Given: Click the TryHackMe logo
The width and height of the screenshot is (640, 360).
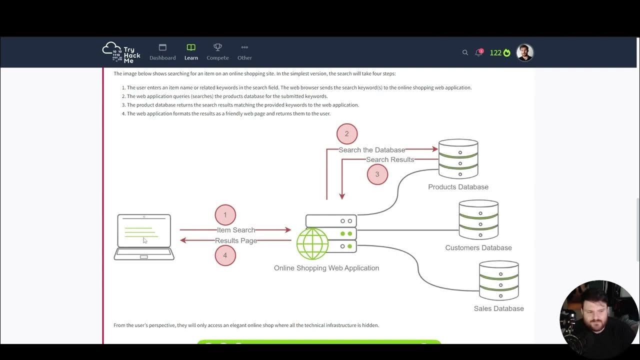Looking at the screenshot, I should point(121,52).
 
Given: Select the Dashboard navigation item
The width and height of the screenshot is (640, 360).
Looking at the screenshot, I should point(162,52).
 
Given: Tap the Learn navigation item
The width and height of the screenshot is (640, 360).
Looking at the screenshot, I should point(191,52).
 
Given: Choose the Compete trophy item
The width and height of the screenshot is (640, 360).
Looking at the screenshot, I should point(217,52).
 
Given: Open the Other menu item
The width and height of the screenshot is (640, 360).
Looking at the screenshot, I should point(244,52).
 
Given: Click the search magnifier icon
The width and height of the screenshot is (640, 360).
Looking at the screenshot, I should point(465,52).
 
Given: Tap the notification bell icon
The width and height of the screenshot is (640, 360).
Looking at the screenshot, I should point(478,52).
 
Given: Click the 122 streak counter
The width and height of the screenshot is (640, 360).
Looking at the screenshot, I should point(499,52).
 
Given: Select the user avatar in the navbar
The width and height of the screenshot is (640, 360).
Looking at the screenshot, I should point(524,52).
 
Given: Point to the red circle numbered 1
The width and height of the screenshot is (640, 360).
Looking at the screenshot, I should point(225,215).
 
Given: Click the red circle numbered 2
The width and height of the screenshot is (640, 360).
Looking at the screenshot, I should point(347,134).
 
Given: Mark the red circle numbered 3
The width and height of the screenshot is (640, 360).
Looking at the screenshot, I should point(377,174).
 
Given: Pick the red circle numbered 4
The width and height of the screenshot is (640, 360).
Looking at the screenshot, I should point(225,255).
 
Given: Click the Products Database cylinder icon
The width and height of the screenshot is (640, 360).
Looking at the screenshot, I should point(458,159).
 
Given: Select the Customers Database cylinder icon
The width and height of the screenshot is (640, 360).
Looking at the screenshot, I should point(478,219).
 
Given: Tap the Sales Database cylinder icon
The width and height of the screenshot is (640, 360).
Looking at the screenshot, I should point(498,280).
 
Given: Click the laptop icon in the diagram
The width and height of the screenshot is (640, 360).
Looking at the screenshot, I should point(144,237).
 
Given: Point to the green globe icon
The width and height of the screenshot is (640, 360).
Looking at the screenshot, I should point(312,243).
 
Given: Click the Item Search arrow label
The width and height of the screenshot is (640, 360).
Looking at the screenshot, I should point(236,230).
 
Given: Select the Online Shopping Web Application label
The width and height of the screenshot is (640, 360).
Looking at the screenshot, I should point(326,268).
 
